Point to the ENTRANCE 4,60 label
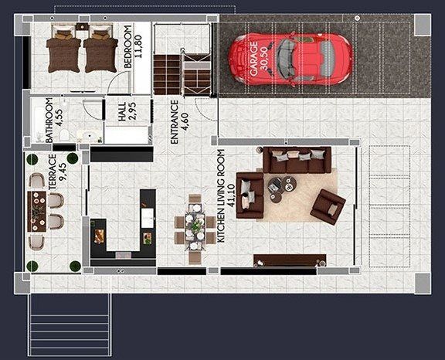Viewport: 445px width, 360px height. coord(179,122)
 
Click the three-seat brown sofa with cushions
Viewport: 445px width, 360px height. coord(297,161)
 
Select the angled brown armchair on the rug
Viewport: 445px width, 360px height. coord(328,205)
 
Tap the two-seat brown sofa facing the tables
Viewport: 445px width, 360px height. coord(249,193)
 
